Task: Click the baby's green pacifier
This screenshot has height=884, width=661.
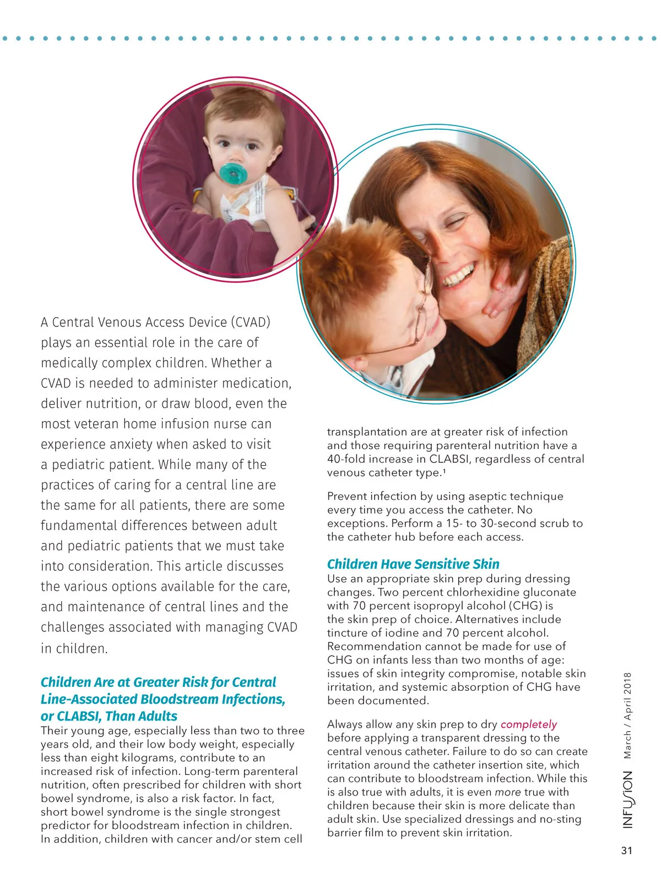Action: click(232, 173)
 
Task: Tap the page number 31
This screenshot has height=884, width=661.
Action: click(627, 850)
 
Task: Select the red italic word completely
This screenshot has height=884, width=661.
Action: click(528, 724)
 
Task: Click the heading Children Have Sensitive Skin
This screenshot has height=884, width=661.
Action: click(413, 564)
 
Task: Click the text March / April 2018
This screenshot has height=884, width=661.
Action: click(628, 716)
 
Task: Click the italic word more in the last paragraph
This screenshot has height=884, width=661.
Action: click(508, 792)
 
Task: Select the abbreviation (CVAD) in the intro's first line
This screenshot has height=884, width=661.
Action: click(251, 322)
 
